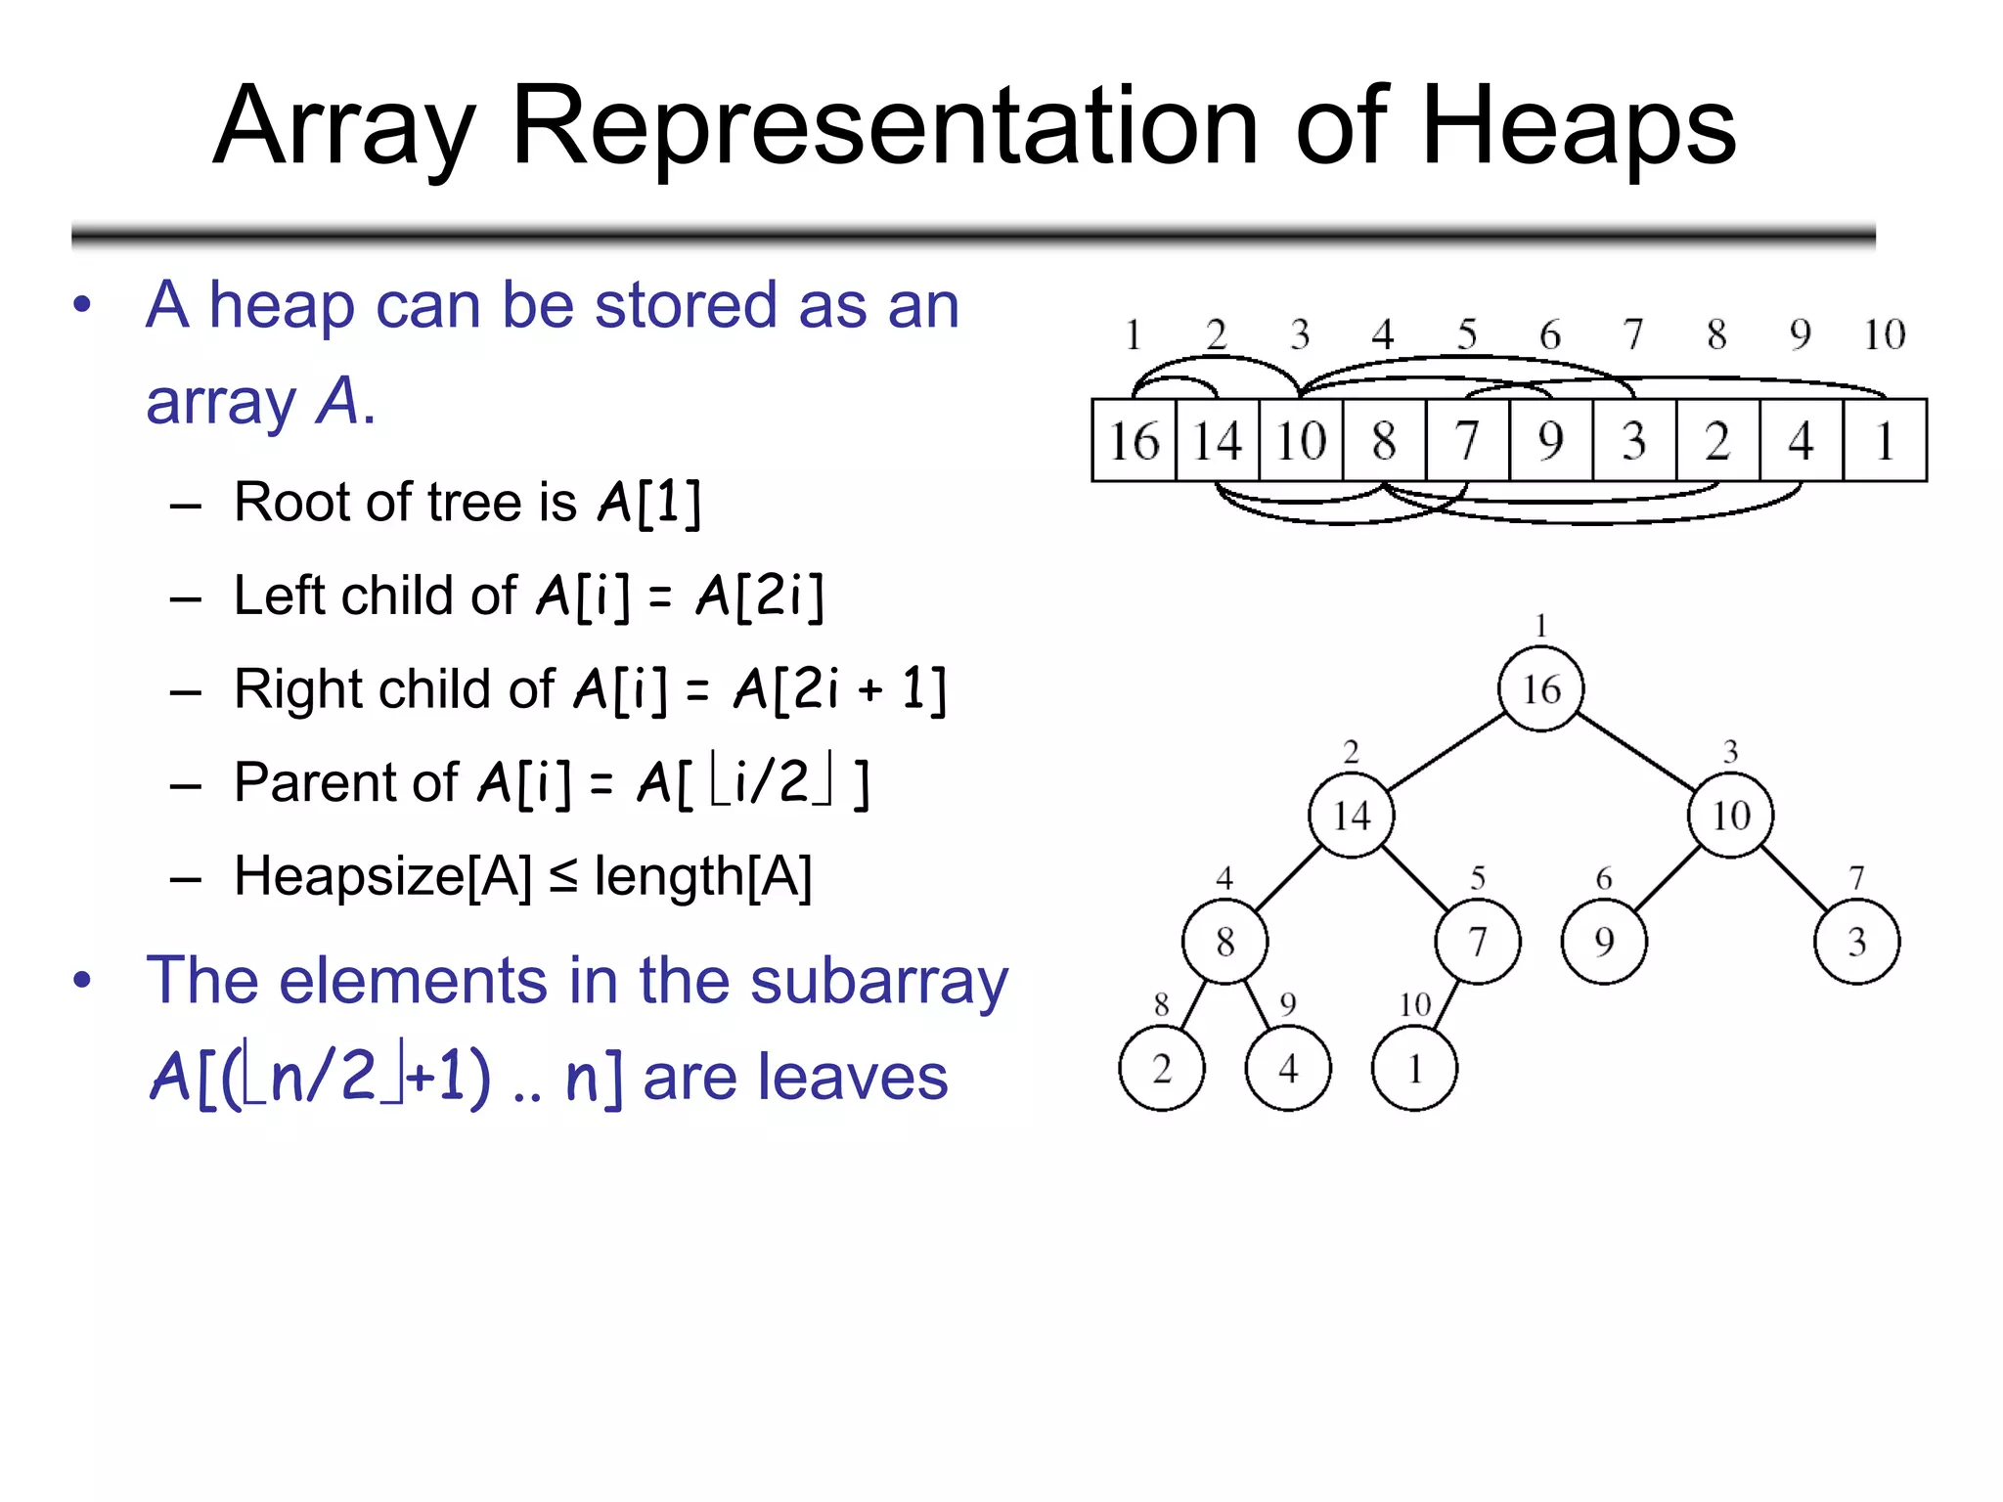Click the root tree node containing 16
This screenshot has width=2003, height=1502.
click(x=1540, y=688)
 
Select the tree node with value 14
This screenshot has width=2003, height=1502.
click(x=1351, y=815)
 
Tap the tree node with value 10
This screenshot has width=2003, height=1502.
click(x=1730, y=815)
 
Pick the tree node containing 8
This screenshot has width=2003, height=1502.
click(x=1224, y=941)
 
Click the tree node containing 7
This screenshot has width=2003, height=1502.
click(x=1477, y=941)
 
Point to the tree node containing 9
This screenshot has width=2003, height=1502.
click(x=1604, y=941)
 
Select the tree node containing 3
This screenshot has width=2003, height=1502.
click(x=1856, y=941)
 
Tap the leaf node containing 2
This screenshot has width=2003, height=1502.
click(x=1162, y=1068)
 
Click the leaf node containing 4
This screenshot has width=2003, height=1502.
click(x=1288, y=1068)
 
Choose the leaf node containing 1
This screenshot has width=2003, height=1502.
click(x=1414, y=1068)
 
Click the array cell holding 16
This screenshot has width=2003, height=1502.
click(x=1134, y=440)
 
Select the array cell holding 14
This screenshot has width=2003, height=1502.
click(x=1217, y=440)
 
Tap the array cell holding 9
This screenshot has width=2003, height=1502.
click(x=1550, y=440)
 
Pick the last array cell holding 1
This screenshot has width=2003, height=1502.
click(x=1885, y=440)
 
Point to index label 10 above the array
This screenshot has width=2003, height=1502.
click(x=1884, y=334)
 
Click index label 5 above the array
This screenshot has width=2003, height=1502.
click(x=1467, y=334)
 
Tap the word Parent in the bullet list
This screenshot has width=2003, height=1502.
click(x=345, y=782)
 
